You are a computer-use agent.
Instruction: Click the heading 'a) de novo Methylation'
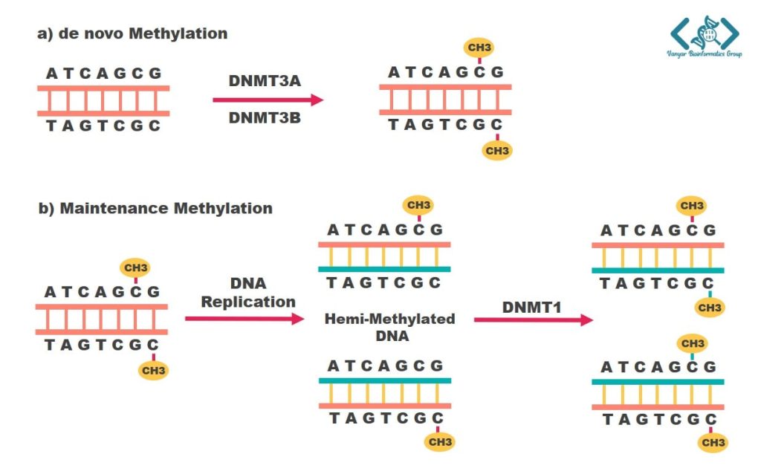coord(132,34)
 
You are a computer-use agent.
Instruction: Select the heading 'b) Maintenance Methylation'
coord(155,208)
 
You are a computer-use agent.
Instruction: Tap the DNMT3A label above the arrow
coord(264,80)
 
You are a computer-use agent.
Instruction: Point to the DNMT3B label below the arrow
coord(264,117)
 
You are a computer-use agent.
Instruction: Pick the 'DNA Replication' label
coord(248,293)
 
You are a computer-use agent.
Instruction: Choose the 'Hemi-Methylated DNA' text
coord(389,327)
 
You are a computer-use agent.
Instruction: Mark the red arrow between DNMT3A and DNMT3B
coord(268,100)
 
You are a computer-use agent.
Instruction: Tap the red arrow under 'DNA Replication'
coord(245,319)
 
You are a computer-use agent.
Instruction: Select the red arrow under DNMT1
coord(533,320)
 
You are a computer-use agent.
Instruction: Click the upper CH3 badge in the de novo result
coord(479,48)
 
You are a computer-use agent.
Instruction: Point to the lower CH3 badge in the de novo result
coord(496,151)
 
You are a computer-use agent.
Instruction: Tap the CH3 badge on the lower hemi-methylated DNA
coord(439,442)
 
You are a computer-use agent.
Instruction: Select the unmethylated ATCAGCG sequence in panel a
coord(103,73)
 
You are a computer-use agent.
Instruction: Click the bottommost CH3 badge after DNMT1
coord(713,444)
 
